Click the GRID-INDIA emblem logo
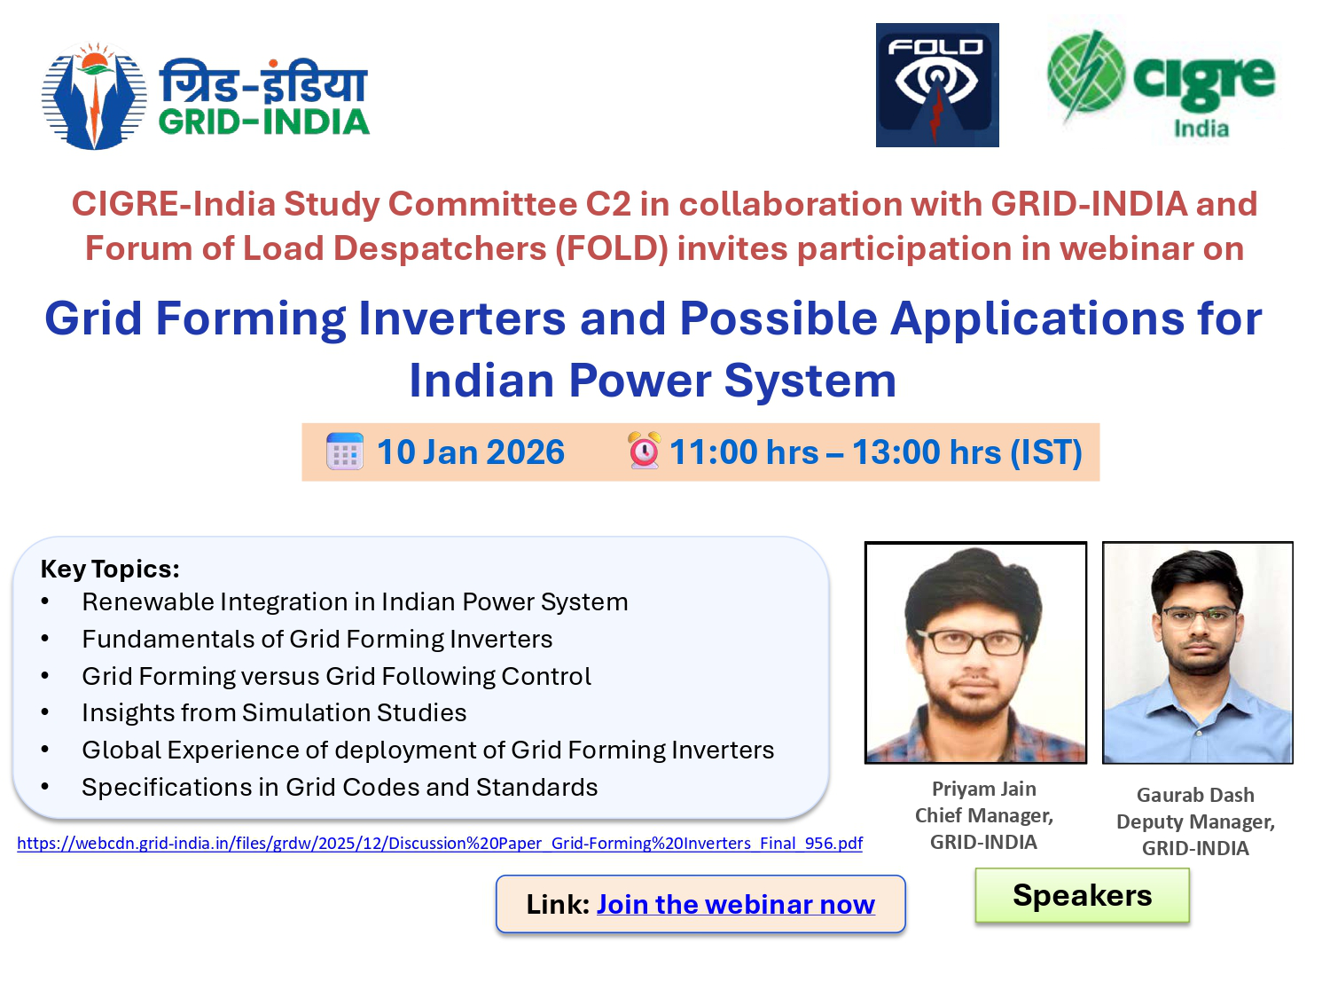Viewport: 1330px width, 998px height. tap(94, 96)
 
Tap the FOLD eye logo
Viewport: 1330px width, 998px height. tap(936, 85)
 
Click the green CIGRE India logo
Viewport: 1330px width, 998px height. tap(1161, 84)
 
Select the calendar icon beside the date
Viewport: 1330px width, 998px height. tap(344, 452)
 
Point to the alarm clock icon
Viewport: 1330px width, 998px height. tap(644, 451)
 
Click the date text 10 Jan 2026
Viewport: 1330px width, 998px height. tap(470, 452)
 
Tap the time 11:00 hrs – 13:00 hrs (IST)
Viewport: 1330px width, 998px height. tap(875, 452)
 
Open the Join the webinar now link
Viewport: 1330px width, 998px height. tap(735, 904)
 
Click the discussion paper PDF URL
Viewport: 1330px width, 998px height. tap(439, 843)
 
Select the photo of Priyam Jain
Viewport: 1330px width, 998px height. tap(975, 652)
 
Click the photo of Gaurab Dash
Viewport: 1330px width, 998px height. tap(1197, 652)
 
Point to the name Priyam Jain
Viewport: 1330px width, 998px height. tap(983, 789)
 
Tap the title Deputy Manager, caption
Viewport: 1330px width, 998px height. tap(1195, 821)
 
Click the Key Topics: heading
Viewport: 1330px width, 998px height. tap(110, 569)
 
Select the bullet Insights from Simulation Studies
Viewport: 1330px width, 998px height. tap(274, 712)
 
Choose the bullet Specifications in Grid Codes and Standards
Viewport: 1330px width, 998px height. tap(340, 787)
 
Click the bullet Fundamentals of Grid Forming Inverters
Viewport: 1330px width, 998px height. tap(317, 639)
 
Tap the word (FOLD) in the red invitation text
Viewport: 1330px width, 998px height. tap(611, 248)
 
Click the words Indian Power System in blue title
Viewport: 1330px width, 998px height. tap(653, 381)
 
